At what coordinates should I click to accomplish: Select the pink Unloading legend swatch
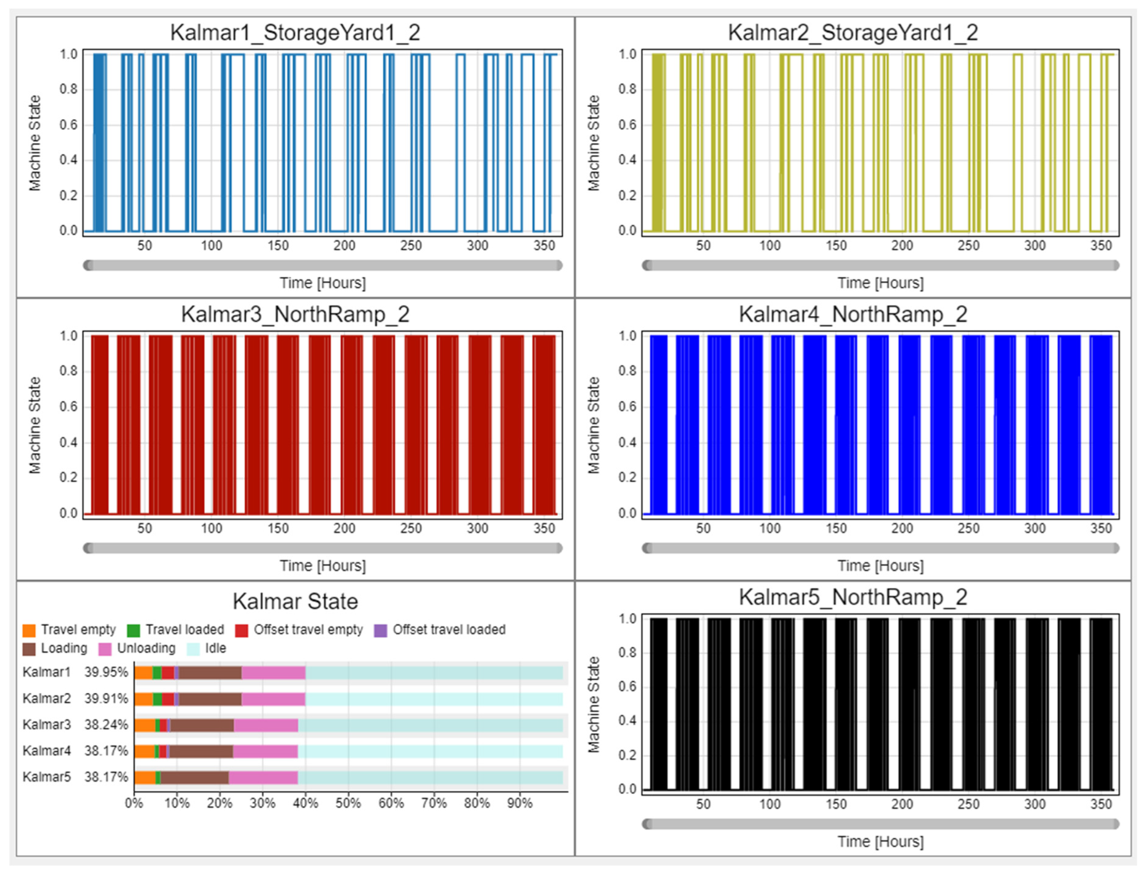105,649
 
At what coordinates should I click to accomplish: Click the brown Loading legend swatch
29,649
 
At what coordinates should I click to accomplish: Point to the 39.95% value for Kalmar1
106,672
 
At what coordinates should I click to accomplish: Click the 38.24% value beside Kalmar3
106,725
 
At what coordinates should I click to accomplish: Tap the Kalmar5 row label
47,777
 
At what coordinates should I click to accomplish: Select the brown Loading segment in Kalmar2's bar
210,699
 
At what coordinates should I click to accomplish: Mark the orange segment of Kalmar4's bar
144,751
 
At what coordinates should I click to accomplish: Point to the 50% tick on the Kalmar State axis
348,803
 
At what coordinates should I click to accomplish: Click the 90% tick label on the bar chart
520,803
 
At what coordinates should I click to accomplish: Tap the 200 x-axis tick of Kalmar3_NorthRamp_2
344,528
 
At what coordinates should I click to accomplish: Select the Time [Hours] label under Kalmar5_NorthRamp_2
881,842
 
